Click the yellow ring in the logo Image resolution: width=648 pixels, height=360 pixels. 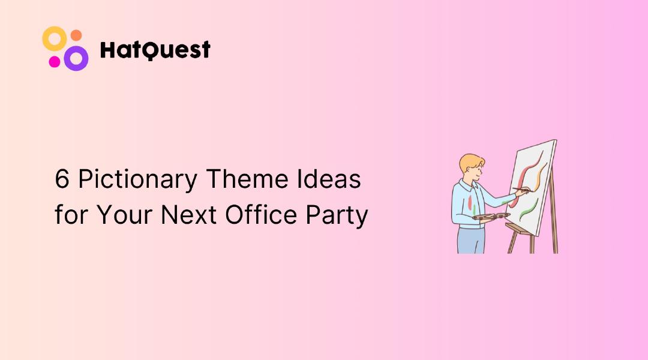53,38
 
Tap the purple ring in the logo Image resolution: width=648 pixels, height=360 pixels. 76,58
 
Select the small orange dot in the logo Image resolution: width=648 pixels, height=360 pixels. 76,35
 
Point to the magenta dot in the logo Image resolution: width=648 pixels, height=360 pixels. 54,61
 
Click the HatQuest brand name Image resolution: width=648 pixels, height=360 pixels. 155,50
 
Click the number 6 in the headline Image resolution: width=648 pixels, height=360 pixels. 62,179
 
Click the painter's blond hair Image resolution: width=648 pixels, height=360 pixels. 470,162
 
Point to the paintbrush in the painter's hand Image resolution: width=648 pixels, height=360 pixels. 521,191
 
